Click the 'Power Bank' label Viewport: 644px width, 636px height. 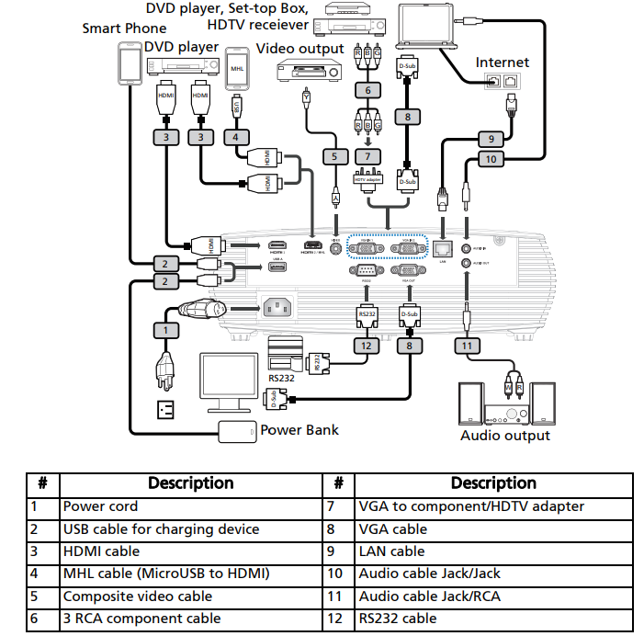(x=299, y=429)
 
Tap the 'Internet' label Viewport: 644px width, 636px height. (x=502, y=62)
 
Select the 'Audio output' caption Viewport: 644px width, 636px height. (x=505, y=436)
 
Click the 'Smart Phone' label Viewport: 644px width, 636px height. (x=125, y=28)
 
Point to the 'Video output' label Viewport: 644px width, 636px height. (x=299, y=48)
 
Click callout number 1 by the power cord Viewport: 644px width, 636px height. (x=165, y=329)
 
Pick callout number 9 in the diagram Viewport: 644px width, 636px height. (x=491, y=139)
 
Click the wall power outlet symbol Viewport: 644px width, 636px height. (x=166, y=407)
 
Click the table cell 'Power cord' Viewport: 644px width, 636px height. (x=100, y=505)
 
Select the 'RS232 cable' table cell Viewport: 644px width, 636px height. (x=398, y=619)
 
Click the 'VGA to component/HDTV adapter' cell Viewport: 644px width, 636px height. (x=471, y=505)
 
